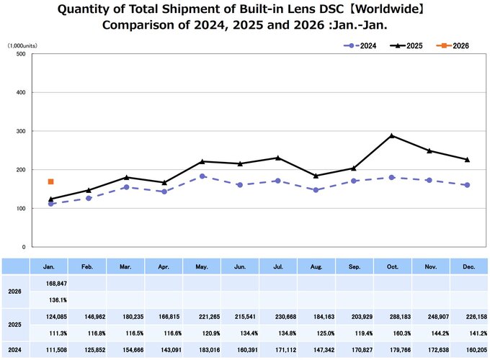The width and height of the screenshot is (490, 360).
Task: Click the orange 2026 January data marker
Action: pyautogui.click(x=51, y=181)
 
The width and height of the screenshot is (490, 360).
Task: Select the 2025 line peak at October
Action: pyautogui.click(x=391, y=135)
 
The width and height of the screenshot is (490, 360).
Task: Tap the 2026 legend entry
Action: pyautogui.click(x=455, y=45)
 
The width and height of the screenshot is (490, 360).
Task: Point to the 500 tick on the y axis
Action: pyautogui.click(x=20, y=54)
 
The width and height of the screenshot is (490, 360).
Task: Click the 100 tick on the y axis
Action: pyautogui.click(x=20, y=208)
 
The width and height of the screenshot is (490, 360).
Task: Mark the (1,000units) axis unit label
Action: pyautogui.click(x=24, y=45)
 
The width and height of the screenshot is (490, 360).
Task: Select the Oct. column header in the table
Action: pyautogui.click(x=391, y=266)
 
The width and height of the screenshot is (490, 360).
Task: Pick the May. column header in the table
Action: pyautogui.click(x=202, y=266)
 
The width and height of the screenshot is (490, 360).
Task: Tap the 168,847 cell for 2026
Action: pyautogui.click(x=51, y=283)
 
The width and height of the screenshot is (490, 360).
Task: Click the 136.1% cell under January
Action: pyautogui.click(x=51, y=300)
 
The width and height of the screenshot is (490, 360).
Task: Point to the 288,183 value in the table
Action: pyautogui.click(x=391, y=318)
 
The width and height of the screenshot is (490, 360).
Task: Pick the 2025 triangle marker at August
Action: pyautogui.click(x=316, y=175)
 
